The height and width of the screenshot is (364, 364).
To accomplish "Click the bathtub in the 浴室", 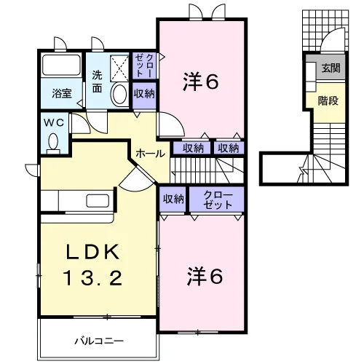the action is [61, 65].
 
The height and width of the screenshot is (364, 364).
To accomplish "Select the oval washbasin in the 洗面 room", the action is [119, 94].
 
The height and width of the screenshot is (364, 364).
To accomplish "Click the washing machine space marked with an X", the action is [119, 68].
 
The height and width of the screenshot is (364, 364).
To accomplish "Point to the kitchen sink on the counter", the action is [98, 201].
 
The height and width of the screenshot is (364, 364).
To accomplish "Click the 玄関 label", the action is [331, 68].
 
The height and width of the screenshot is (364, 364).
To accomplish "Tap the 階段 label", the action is [328, 100].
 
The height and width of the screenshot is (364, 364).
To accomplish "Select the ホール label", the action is [151, 154].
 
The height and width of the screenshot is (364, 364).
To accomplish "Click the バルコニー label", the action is [99, 341].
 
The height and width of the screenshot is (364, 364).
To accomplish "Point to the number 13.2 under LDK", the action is [92, 278].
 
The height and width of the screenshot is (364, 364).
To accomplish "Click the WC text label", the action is [54, 122].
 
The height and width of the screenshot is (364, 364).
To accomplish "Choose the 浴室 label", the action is [62, 93].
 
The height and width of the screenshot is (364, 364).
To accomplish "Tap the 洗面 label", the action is [97, 82].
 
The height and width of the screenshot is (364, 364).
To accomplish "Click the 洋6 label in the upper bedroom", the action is [200, 82].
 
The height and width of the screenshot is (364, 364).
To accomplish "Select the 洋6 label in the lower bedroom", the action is [205, 277].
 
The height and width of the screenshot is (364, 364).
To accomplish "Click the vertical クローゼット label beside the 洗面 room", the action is [144, 66].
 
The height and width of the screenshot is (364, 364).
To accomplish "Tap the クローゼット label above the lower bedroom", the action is [218, 200].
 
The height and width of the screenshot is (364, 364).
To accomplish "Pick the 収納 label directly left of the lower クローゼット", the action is [173, 199].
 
